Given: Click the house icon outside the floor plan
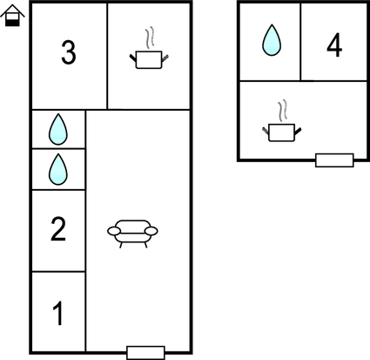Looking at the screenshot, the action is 12,16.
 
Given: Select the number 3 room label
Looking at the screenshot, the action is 69,52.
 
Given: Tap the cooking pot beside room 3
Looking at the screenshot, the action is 149,60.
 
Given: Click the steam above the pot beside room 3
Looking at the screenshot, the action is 150,37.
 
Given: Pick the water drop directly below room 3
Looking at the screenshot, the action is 58,129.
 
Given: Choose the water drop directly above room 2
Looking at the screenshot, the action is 58,169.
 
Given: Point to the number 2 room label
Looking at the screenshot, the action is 58,229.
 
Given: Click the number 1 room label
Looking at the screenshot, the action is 58,314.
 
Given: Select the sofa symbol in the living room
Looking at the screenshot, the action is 132,234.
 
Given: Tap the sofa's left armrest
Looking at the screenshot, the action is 114,231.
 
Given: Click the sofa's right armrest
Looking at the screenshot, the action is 151,231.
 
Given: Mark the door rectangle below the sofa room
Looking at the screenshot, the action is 145,353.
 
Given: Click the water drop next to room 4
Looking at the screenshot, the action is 272,40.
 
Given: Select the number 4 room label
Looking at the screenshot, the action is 334,45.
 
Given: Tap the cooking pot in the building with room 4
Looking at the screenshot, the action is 282,132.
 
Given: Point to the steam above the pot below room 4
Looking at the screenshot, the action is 282,111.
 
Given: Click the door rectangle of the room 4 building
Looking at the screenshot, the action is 334,160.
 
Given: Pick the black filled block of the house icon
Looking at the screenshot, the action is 12,23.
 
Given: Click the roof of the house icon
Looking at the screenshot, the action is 12,10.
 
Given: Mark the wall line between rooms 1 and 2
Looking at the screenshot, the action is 58,272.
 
